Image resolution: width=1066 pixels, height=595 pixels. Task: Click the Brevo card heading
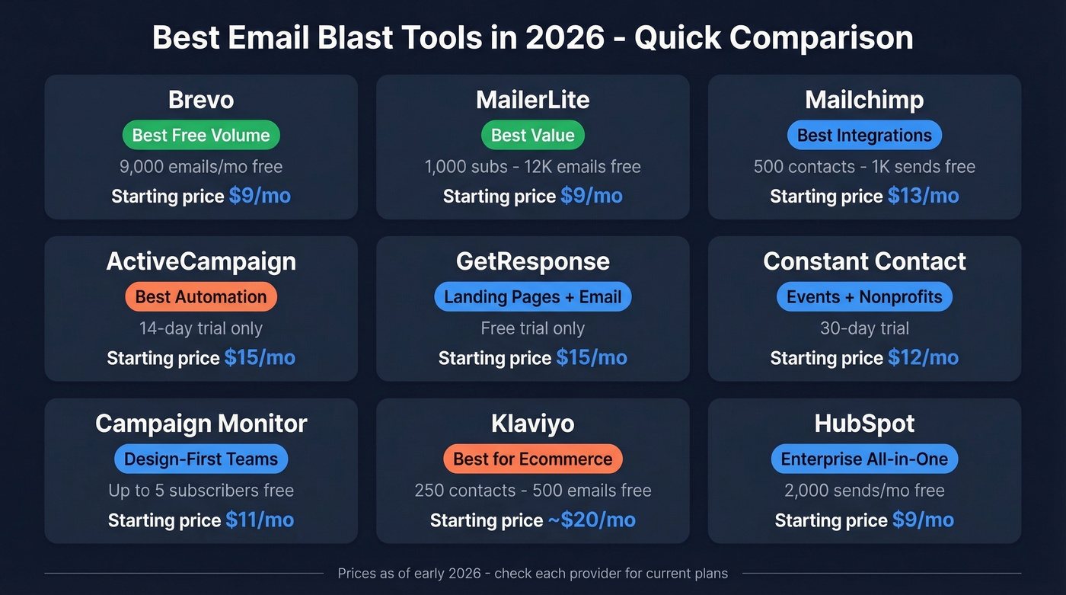[201, 100]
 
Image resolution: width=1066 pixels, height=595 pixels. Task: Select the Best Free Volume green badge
[201, 136]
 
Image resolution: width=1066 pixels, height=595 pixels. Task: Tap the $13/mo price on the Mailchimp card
[923, 196]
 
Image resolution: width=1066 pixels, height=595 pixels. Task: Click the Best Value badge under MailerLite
[532, 136]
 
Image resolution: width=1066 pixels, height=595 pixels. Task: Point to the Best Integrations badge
[864, 136]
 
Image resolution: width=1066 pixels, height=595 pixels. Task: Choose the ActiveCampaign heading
[201, 261]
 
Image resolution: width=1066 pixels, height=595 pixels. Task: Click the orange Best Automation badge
[201, 297]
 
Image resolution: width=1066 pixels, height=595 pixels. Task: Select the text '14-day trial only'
[201, 328]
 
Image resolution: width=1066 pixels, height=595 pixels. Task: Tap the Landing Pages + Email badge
[532, 297]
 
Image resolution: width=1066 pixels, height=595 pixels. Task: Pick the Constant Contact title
[864, 261]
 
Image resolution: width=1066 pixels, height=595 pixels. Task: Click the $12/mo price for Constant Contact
[922, 357]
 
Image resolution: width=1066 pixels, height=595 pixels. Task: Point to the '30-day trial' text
[864, 328]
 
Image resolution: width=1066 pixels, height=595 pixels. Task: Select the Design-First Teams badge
[201, 459]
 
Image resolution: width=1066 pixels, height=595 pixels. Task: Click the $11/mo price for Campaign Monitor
[260, 520]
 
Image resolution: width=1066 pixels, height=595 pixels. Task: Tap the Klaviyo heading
[532, 424]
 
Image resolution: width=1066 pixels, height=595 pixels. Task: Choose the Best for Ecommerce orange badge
[532, 459]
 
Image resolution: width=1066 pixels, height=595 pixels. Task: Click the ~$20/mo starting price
[592, 520]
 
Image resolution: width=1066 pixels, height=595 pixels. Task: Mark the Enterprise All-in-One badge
[864, 459]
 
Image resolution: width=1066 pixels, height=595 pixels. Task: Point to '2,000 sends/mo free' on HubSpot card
[864, 491]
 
